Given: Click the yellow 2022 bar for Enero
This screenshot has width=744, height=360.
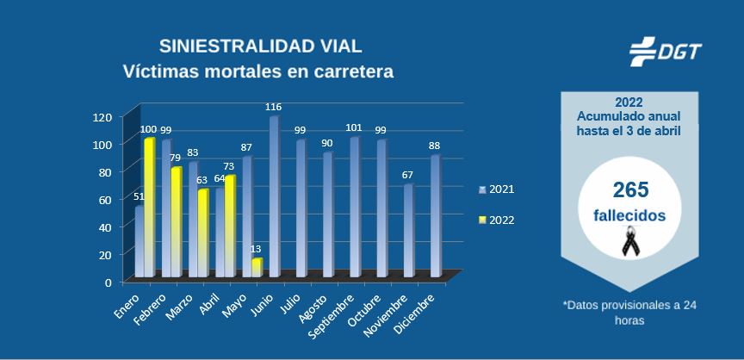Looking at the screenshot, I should coord(149,207).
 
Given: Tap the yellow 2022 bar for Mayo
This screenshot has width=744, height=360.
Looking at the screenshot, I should coord(256,267).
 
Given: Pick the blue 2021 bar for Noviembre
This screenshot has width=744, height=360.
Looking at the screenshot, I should coord(409,230).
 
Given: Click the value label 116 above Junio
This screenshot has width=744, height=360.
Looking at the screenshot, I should coord(274,107).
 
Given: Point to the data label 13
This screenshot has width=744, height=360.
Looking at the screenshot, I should coord(256,250).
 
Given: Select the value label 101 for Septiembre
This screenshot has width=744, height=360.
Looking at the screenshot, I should coord(355,128).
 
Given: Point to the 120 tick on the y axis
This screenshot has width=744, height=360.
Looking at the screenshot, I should coord(102,117).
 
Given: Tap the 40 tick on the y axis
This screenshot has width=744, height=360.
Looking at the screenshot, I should coord(105,227).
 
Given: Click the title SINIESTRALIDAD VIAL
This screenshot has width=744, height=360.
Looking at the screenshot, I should coord(260,46).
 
